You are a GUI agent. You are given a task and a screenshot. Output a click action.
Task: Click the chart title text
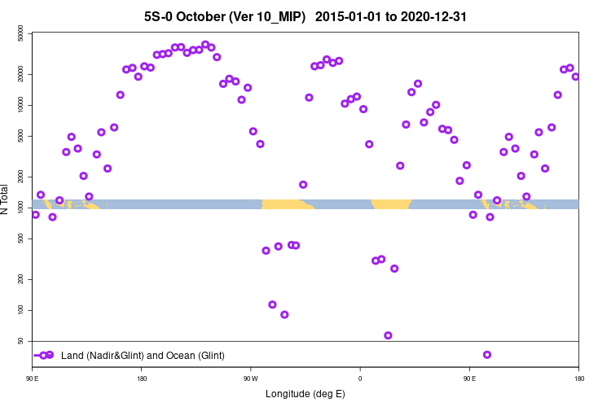pos(305,16)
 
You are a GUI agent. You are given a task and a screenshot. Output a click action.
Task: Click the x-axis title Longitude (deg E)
pos(305,394)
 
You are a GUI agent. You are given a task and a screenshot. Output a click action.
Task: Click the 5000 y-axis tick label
pos(21,136)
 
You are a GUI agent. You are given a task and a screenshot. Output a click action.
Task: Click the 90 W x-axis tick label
pos(250,378)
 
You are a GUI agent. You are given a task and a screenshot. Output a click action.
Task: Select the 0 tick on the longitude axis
pos(359,378)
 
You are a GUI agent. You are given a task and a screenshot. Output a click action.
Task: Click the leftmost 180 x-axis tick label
pos(142,378)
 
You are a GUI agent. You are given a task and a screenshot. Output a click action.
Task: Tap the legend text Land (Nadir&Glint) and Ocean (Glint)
pos(143,356)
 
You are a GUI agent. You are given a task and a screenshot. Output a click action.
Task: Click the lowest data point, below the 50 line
pos(487,355)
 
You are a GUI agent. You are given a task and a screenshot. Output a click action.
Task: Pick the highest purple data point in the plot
pos(205,45)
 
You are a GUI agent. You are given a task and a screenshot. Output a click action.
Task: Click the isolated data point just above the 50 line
pos(388,335)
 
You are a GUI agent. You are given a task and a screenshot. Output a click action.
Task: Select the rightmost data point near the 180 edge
pos(575,77)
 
